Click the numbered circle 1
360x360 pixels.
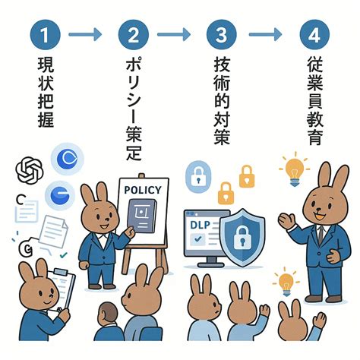coord(45,35)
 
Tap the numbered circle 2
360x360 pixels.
coord(134,35)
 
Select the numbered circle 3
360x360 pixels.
coord(222,35)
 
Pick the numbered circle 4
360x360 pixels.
coord(314,35)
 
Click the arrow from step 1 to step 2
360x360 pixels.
coord(85,34)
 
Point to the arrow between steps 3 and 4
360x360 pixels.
coord(265,34)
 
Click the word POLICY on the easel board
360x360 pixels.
coord(143,190)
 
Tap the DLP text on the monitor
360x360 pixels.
coord(200,225)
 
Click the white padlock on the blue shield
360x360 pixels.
coord(242,237)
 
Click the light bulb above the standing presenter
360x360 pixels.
coord(295,169)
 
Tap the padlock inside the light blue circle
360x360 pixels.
coord(198,176)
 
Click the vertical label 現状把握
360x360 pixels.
coord(46,92)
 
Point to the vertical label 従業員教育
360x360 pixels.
coord(315,100)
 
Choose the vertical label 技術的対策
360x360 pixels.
coord(222,100)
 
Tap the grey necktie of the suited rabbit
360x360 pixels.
coord(321,235)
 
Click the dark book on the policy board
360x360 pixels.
coord(142,216)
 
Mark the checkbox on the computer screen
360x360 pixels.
coord(197,238)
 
